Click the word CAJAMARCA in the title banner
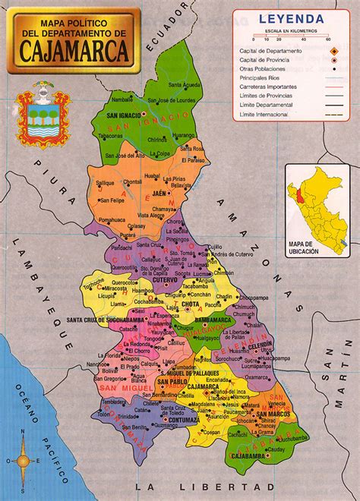coord(73,54)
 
